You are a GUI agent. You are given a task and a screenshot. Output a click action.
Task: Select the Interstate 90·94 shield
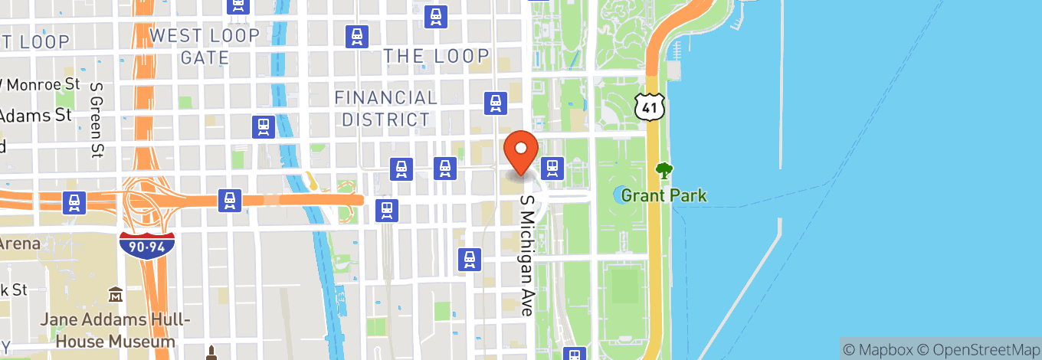pos(147,244)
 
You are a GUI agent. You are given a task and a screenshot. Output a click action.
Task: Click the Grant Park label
pos(664,195)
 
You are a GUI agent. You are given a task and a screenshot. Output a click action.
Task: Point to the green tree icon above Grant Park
pos(664,171)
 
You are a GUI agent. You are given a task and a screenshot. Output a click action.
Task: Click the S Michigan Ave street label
pos(526,254)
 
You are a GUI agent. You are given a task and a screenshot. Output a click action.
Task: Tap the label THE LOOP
pos(435,55)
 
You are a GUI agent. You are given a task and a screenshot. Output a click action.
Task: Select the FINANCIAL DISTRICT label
pos(385,108)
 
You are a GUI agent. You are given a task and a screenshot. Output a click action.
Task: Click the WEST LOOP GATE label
pos(205,46)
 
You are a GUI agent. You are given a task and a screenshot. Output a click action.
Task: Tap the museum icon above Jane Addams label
pos(116,294)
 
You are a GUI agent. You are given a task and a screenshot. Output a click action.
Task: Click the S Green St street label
pos(97,121)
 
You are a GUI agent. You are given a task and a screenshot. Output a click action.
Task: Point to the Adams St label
pos(35,116)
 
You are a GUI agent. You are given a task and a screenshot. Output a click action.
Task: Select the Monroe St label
pos(38,85)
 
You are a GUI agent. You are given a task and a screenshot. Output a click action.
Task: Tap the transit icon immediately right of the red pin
pos(552,166)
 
